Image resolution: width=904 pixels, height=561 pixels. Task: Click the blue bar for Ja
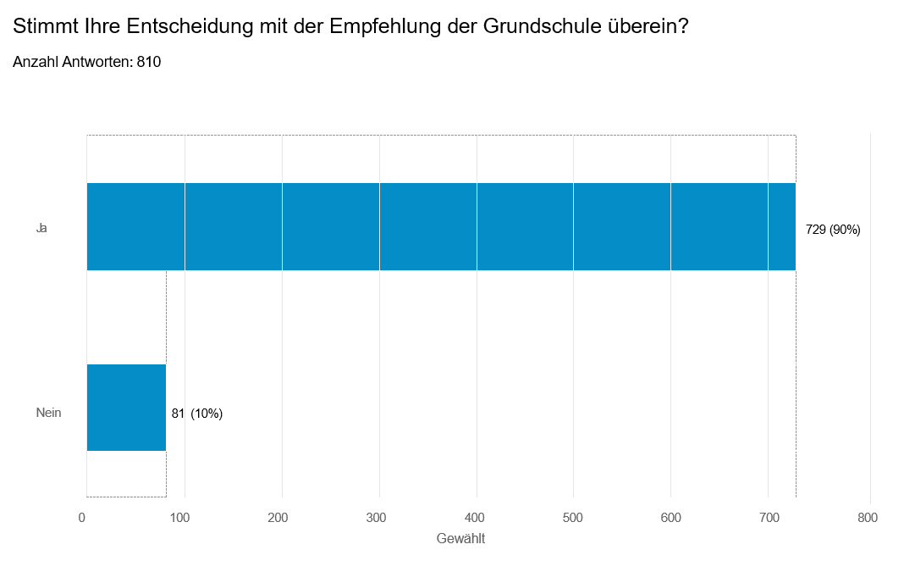[x=441, y=226]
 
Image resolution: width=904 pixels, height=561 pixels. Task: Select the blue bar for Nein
[x=126, y=408]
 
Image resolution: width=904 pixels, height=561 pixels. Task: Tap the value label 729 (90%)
[x=833, y=230]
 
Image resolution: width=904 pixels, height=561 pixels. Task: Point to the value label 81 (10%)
[x=197, y=414]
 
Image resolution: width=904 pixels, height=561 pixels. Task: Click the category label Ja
[x=41, y=228]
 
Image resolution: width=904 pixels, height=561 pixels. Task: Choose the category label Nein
[x=48, y=414]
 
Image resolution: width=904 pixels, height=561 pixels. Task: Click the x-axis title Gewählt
[x=460, y=538]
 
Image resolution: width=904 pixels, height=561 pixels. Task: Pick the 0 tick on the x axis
[x=82, y=518]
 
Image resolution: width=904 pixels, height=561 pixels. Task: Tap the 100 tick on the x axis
[x=179, y=518]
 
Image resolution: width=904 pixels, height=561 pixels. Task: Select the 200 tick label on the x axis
[x=278, y=518]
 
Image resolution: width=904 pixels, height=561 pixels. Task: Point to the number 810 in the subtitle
[x=148, y=62]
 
